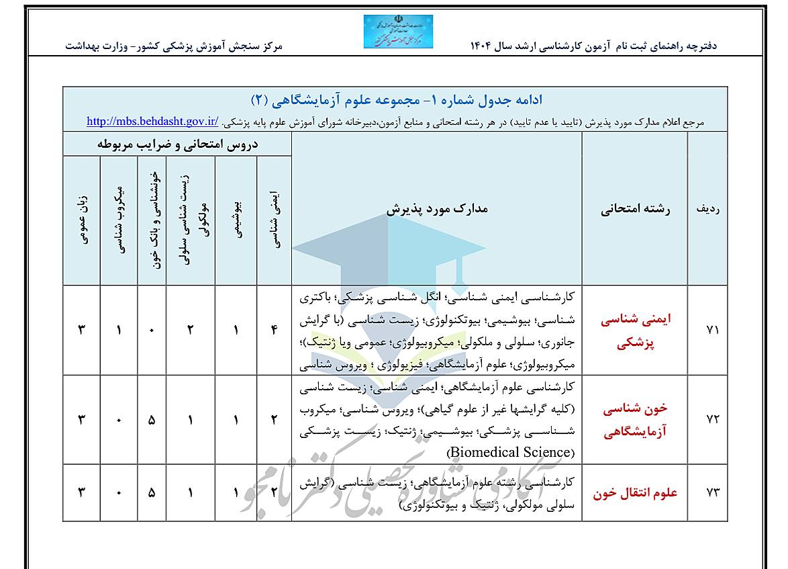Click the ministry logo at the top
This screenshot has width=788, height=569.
click(398, 31)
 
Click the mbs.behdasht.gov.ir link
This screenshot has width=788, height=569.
click(153, 122)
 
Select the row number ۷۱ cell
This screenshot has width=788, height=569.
click(713, 331)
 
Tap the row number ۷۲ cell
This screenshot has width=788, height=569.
click(713, 419)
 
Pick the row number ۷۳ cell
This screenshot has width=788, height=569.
click(713, 492)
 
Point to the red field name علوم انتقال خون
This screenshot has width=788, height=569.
click(626, 492)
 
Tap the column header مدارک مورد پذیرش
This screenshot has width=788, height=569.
click(437, 209)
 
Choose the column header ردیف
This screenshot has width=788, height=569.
click(708, 209)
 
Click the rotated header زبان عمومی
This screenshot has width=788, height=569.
click(83, 220)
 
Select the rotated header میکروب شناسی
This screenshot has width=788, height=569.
click(119, 220)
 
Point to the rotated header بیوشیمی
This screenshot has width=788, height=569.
click(236, 220)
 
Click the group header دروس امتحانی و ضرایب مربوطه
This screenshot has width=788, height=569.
click(177, 144)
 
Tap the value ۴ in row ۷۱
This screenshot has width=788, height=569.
click(274, 330)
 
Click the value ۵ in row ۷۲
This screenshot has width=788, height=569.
click(152, 419)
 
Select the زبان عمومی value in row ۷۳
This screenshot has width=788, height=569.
click(83, 492)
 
